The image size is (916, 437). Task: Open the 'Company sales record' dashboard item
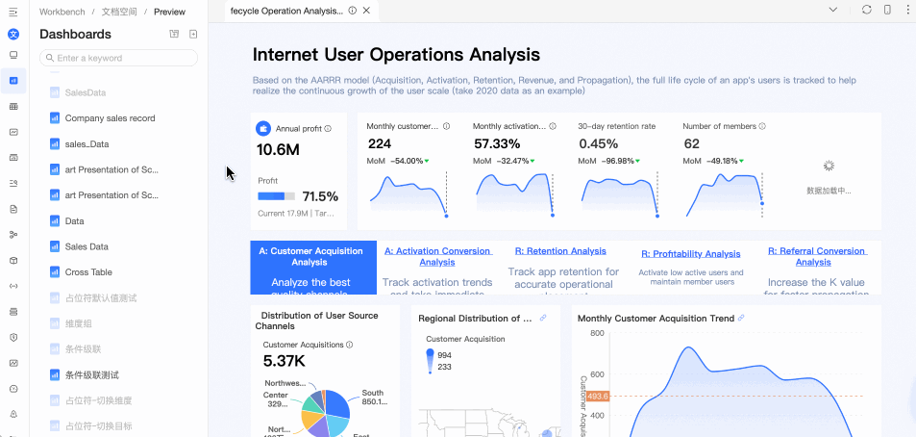(110, 118)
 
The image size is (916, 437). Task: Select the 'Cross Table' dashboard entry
(88, 272)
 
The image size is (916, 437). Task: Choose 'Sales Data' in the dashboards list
(87, 246)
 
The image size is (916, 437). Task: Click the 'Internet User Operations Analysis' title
(396, 55)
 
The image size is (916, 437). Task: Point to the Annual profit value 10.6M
(279, 149)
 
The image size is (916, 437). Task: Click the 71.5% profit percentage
(320, 196)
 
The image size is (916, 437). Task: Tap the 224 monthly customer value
(380, 144)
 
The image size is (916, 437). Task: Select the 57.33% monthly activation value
(497, 144)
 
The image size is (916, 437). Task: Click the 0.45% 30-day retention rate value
(598, 144)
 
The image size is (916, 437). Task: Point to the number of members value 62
(692, 144)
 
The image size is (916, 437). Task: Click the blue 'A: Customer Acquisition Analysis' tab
(313, 256)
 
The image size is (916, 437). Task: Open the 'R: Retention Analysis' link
(560, 251)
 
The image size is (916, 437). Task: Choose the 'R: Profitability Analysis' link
(690, 254)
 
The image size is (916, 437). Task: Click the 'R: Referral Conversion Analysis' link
(817, 256)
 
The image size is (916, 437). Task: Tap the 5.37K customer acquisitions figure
(285, 361)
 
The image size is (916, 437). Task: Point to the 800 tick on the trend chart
(597, 334)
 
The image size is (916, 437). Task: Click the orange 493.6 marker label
(598, 396)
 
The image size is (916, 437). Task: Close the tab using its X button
(366, 10)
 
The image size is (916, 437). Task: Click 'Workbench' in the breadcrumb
(62, 12)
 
